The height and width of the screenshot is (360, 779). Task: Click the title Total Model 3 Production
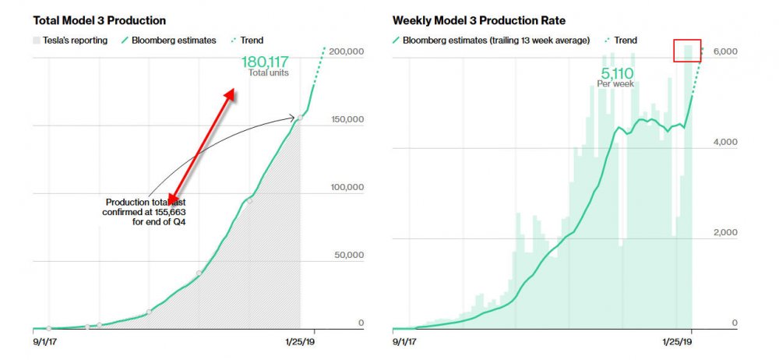pyautogui.click(x=99, y=19)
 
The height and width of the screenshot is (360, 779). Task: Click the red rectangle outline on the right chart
pyautogui.click(x=687, y=50)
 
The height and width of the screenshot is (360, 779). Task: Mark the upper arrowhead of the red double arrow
pyautogui.click(x=229, y=94)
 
